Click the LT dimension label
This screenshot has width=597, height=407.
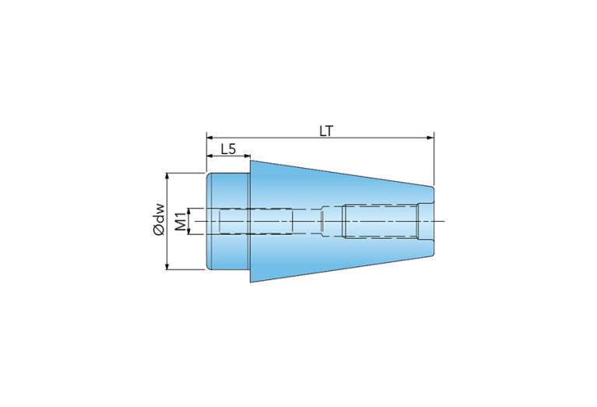pyautogui.click(x=326, y=131)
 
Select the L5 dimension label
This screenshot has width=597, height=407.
pyautogui.click(x=228, y=149)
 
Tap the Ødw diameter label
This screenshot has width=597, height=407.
pyautogui.click(x=160, y=220)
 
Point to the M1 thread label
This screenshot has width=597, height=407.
pyautogui.click(x=182, y=222)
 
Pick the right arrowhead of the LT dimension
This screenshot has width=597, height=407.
pyautogui.click(x=430, y=138)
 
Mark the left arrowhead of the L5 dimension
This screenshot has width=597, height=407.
pyautogui.click(x=210, y=156)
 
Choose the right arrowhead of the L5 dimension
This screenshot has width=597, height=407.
pyautogui.click(x=247, y=156)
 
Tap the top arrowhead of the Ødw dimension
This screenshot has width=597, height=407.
pyautogui.click(x=167, y=177)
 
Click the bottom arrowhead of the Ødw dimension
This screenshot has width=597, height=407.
pyautogui.click(x=167, y=266)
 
